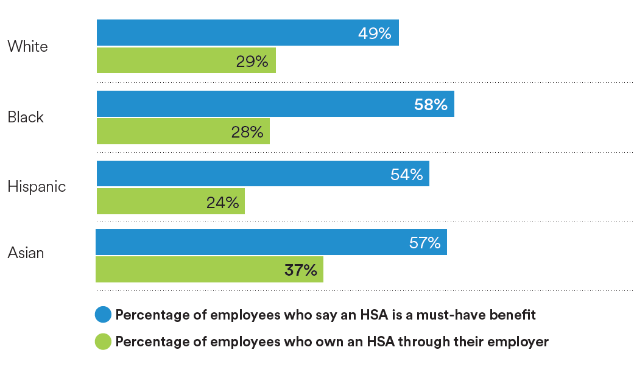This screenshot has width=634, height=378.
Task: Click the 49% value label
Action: tap(375, 33)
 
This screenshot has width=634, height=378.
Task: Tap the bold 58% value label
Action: tap(431, 105)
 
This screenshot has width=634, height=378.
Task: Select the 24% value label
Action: tap(222, 202)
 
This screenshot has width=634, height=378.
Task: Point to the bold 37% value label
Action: tap(301, 270)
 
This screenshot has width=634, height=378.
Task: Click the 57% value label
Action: tap(424, 243)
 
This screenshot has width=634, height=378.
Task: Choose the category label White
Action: tap(27, 47)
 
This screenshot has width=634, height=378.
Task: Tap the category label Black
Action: tap(26, 117)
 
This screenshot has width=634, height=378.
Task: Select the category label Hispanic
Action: tap(37, 186)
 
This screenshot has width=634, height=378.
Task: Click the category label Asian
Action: tap(26, 253)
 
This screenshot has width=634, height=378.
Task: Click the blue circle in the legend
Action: tap(104, 315)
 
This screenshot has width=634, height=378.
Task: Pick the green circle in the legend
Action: tap(104, 341)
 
